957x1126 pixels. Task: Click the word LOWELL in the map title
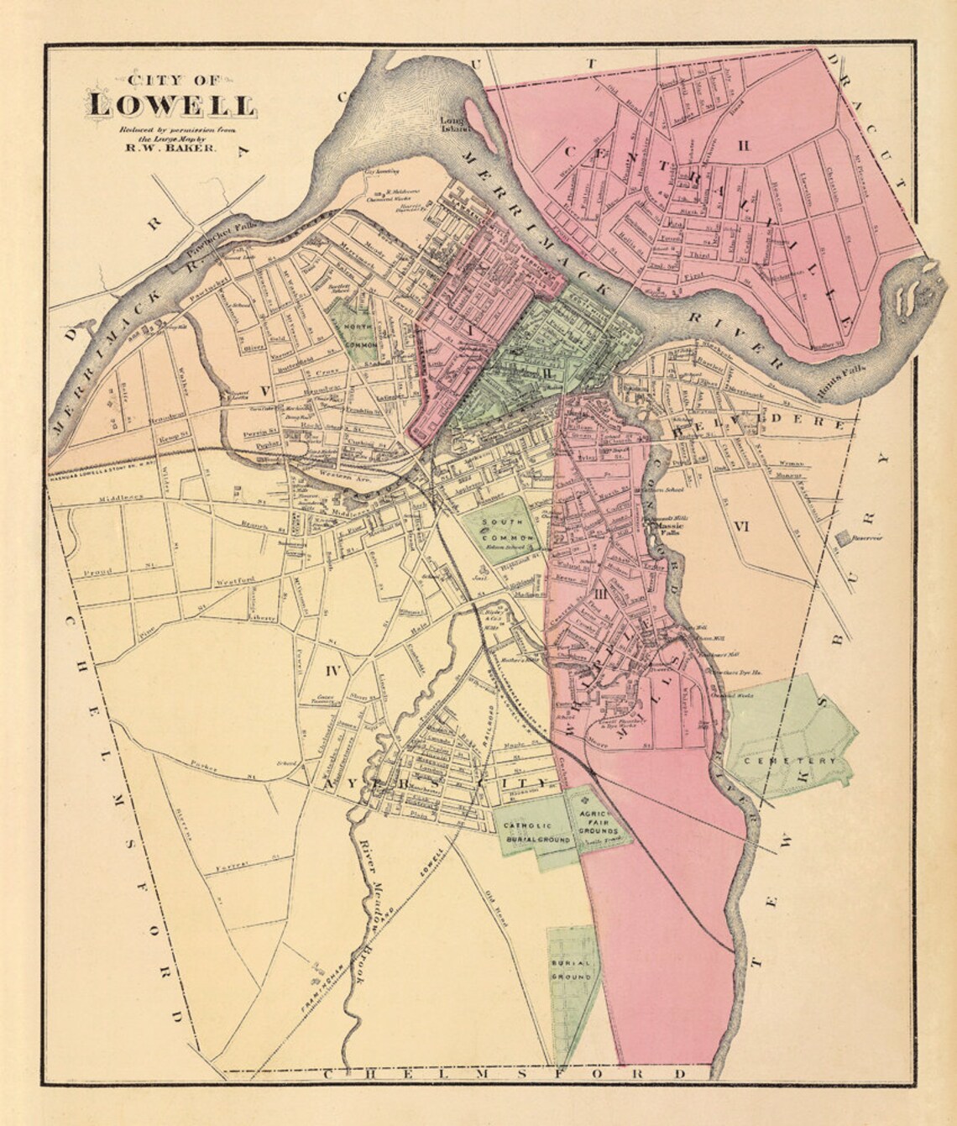pos(173,107)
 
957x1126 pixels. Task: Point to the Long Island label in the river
pos(454,124)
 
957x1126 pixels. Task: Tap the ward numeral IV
pos(333,670)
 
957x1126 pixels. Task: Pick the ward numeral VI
pos(740,526)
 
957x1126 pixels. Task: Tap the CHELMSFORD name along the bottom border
pos(504,1073)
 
